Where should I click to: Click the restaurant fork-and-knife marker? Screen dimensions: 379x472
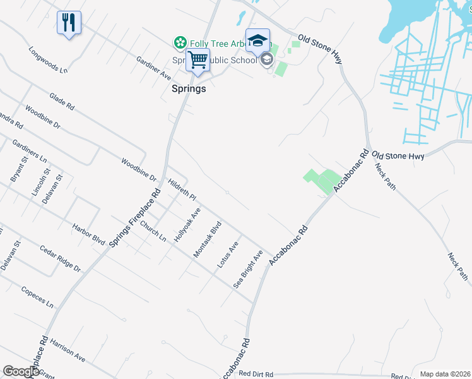69,23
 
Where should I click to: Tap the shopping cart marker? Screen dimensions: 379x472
198,61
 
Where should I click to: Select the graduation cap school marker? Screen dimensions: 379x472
257,41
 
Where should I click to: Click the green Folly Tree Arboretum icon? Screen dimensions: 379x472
180,42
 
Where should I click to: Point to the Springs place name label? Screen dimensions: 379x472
189,89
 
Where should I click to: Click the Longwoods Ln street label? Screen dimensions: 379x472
47,59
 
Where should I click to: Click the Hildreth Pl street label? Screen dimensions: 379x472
182,189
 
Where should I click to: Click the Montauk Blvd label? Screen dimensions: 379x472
208,239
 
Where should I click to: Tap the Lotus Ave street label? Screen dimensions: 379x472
227,255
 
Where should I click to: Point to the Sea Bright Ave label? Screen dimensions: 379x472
248,269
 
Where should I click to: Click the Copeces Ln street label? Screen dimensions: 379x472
37,295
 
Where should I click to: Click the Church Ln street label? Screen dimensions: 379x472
153,232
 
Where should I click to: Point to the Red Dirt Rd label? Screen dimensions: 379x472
256,374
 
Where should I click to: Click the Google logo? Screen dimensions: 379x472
21,371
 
